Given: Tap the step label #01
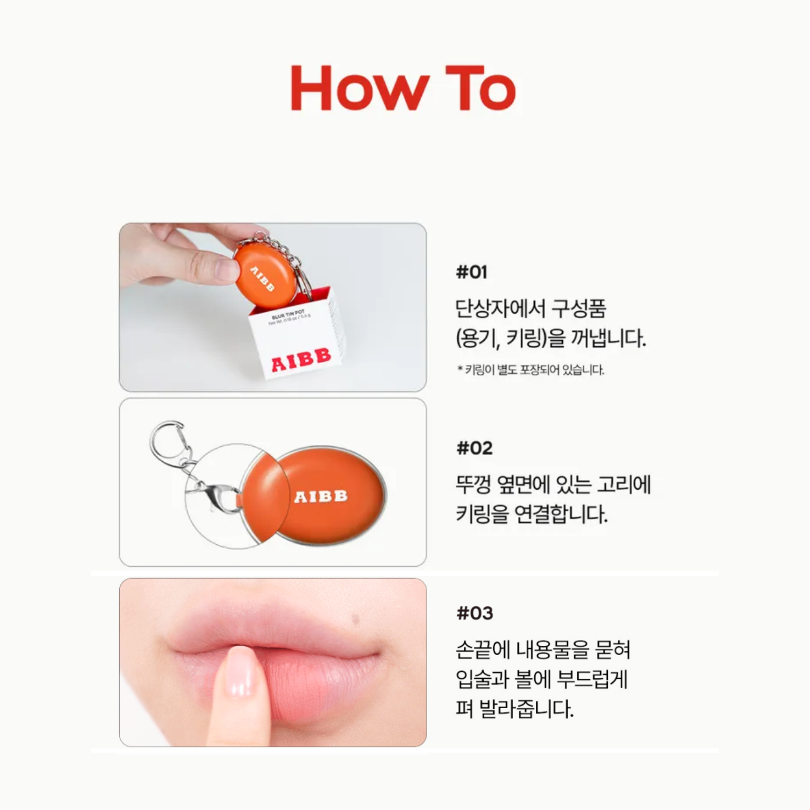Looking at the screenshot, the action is point(472,272).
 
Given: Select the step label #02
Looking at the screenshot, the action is point(474,449).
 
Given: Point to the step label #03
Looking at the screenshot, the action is point(474,613).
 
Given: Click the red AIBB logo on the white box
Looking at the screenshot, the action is point(301,360).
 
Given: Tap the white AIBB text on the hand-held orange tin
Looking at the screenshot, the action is point(262,278).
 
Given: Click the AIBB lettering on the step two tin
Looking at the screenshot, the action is point(321,497).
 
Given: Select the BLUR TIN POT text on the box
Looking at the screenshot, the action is point(288,314).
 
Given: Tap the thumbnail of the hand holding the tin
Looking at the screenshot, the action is point(273,307).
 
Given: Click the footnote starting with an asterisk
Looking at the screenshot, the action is point(530,370).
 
